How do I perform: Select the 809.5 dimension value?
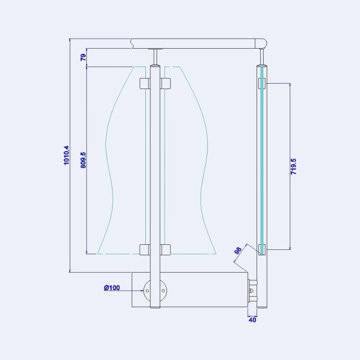pyautogui.click(x=83, y=160)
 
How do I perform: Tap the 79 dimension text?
pyautogui.click(x=83, y=58)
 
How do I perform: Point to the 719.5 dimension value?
pyautogui.click(x=293, y=166)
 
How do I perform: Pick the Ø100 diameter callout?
pyautogui.click(x=112, y=288)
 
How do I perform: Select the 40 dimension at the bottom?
pyautogui.click(x=252, y=320)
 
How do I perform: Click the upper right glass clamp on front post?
pyautogui.click(x=165, y=83)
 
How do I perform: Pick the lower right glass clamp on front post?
pyautogui.click(x=165, y=249)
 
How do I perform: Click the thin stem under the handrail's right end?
pyautogui.click(x=262, y=56)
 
